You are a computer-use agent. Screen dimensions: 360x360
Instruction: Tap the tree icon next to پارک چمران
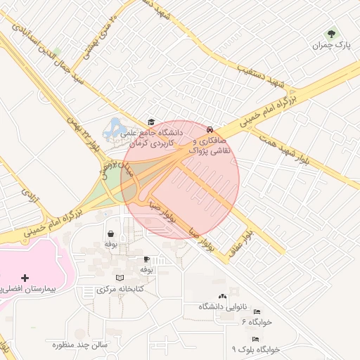coord(331,32)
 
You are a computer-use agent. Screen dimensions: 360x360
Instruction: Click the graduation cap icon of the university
coord(150,122)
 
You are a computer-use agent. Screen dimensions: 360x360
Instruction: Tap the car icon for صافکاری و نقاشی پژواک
coord(210,129)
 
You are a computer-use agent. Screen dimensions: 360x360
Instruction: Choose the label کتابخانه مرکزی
coord(120,289)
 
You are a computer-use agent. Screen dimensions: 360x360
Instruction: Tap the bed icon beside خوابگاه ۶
coord(257,311)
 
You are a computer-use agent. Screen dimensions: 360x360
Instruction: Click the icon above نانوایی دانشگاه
coord(223,297)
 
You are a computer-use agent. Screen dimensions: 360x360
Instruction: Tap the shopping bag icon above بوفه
coord(110,233)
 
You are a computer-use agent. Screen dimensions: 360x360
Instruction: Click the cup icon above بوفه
coord(146,259)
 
